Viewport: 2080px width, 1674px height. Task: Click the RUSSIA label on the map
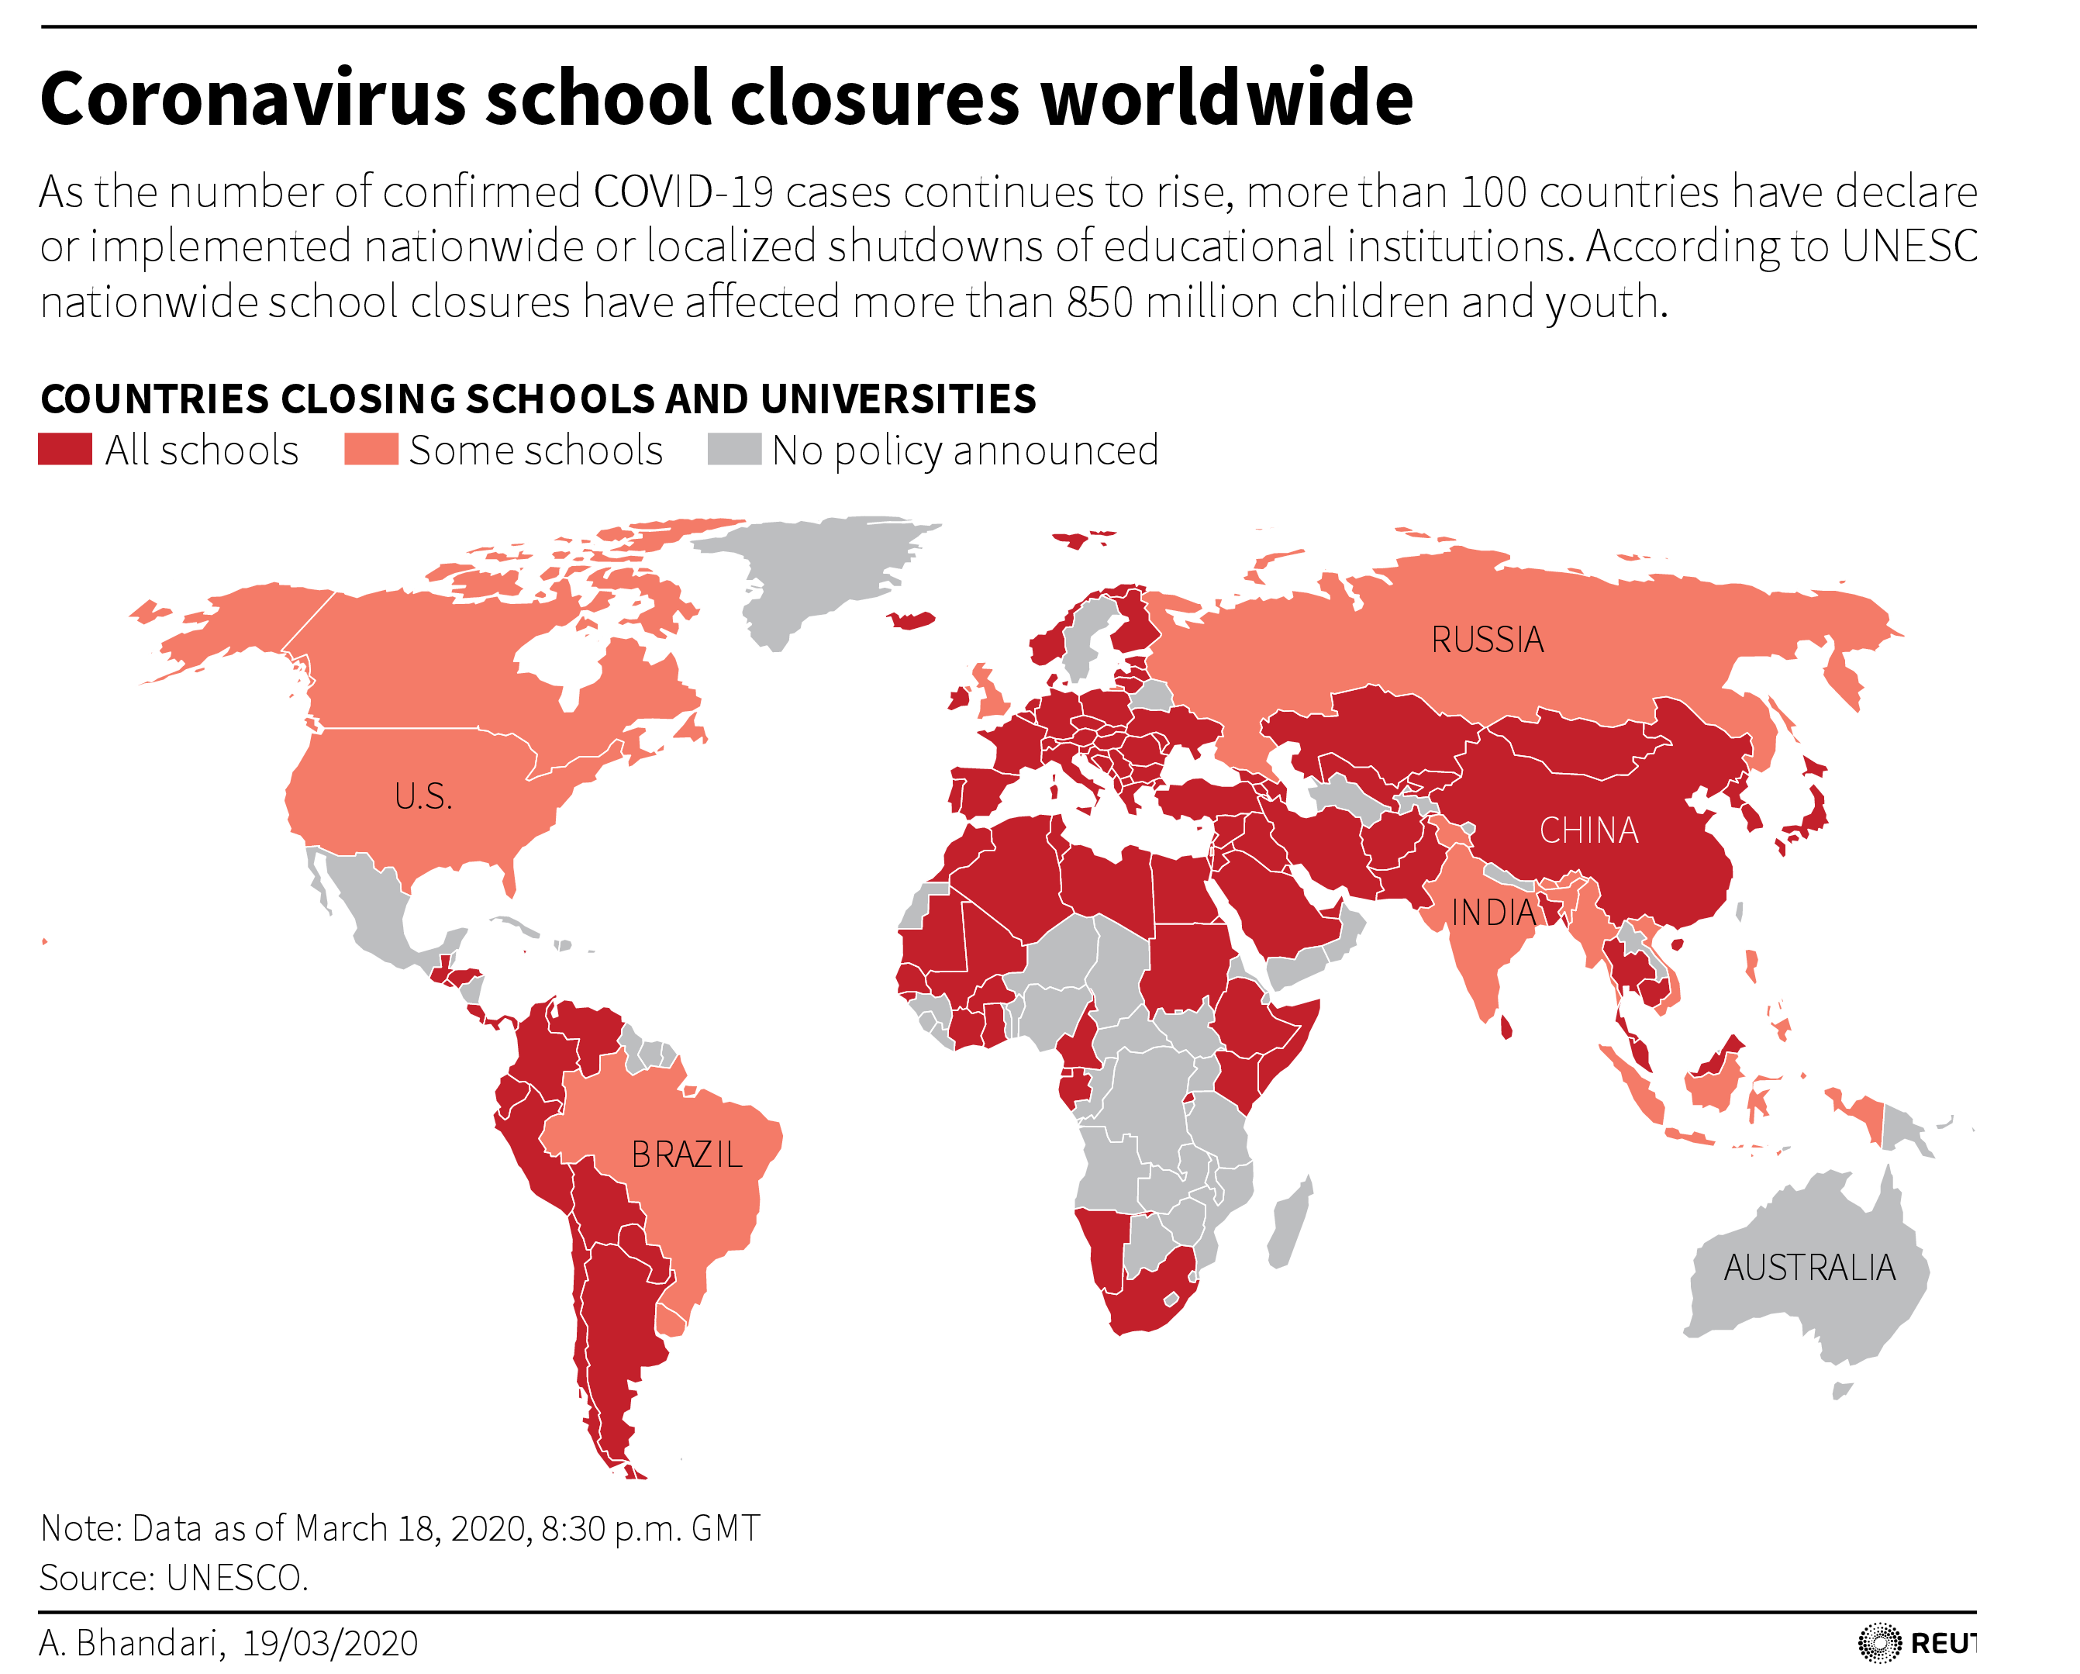(x=1487, y=640)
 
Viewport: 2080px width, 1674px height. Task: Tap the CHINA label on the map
(x=1588, y=830)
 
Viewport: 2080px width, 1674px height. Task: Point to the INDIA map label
(x=1492, y=913)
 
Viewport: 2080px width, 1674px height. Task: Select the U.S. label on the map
(x=423, y=797)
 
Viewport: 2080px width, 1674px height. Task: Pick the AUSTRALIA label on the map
(x=1809, y=1268)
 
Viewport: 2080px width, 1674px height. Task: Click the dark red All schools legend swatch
(x=64, y=450)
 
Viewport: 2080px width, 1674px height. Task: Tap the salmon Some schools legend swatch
(x=371, y=450)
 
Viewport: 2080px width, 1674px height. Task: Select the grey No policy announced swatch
(x=734, y=450)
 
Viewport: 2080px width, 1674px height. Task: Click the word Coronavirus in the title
(x=253, y=99)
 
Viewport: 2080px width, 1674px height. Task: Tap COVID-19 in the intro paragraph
(x=683, y=192)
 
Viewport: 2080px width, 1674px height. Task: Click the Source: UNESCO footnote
(x=174, y=1578)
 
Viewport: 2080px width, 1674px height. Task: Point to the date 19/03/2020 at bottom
(x=330, y=1643)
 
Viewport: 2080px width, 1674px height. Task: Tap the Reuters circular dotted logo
(x=1878, y=1643)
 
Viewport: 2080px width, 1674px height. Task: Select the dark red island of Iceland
(x=911, y=620)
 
